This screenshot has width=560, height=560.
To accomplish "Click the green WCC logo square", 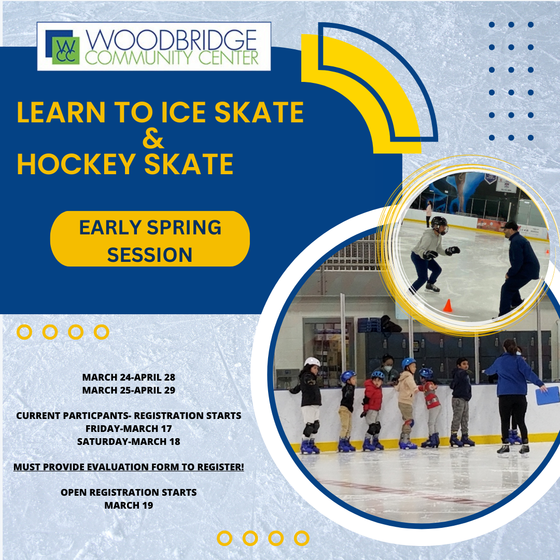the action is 66,51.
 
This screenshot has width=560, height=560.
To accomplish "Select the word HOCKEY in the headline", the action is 76,164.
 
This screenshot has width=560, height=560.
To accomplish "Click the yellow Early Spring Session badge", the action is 150,239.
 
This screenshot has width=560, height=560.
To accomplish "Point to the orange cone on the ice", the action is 447,305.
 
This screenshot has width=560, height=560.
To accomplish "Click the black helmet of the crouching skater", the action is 439,225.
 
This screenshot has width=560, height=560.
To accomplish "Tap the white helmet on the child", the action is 312,362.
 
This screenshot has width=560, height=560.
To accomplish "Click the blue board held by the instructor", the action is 548,396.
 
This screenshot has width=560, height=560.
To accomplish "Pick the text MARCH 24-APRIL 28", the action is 129,377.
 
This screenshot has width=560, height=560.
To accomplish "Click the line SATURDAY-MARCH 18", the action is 129,441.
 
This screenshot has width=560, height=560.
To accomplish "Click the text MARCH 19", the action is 129,506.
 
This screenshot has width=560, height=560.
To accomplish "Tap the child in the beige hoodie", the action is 407,403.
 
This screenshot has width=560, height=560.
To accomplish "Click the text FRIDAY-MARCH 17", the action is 129,429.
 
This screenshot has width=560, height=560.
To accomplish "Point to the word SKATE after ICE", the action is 259,112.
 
